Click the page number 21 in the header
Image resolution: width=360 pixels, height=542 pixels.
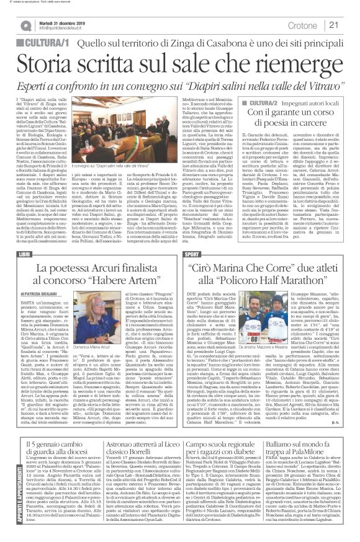(x=349, y=25)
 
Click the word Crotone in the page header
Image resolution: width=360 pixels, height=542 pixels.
(x=317, y=25)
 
